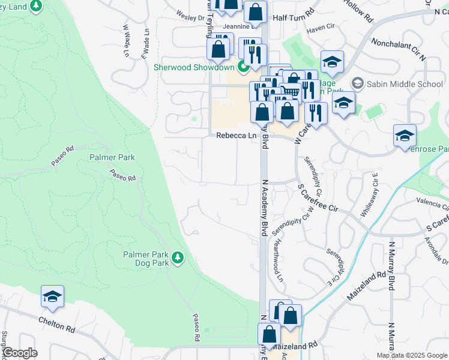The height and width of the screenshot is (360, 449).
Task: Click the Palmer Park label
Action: tap(112, 157)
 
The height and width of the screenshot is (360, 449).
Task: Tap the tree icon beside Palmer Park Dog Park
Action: tap(177, 258)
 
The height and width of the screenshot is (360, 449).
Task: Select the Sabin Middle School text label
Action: tap(405, 83)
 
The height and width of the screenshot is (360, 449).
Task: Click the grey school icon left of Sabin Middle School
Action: tap(358, 83)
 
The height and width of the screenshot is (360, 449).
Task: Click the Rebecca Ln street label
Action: tap(237, 136)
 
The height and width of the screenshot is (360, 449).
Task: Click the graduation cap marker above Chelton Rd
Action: tap(52, 296)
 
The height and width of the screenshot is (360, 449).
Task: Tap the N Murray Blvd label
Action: tap(391, 264)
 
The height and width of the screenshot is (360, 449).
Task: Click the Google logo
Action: tap(19, 353)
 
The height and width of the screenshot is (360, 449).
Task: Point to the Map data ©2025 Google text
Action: tap(411, 355)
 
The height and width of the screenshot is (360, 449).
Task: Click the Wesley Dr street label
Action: tap(191, 17)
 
